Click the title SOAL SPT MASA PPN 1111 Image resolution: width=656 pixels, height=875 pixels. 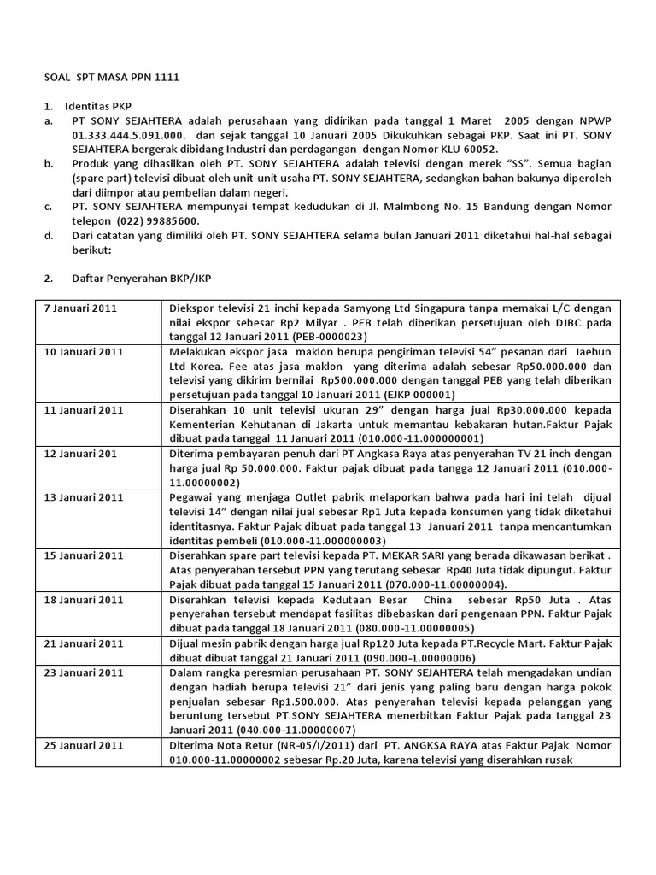[x=112, y=78]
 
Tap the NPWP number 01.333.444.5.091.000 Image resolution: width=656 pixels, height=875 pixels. [x=128, y=135]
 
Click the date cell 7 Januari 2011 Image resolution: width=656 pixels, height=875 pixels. [x=80, y=308]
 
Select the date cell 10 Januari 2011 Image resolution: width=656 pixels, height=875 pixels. [x=83, y=352]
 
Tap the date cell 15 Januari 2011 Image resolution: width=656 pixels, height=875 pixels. [x=83, y=556]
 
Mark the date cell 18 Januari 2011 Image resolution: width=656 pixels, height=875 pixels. [x=83, y=601]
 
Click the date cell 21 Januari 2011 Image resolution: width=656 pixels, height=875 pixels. [x=83, y=643]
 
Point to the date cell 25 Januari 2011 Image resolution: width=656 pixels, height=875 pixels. [x=83, y=745]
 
